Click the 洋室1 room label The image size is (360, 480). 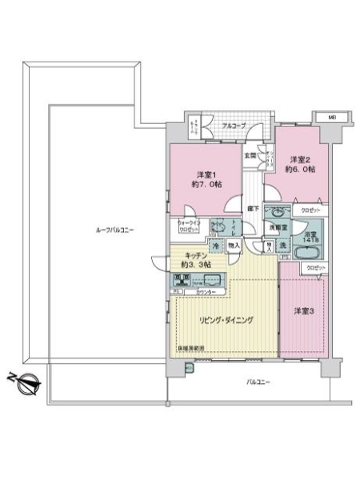(203, 181)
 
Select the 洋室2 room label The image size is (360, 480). (301, 164)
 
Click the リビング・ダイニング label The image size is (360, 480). (226, 320)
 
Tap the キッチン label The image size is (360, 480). (190, 261)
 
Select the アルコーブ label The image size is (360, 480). (234, 126)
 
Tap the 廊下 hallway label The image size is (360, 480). (252, 208)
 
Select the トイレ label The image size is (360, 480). (233, 227)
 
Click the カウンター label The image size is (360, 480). (206, 292)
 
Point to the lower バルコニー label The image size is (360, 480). (258, 382)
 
